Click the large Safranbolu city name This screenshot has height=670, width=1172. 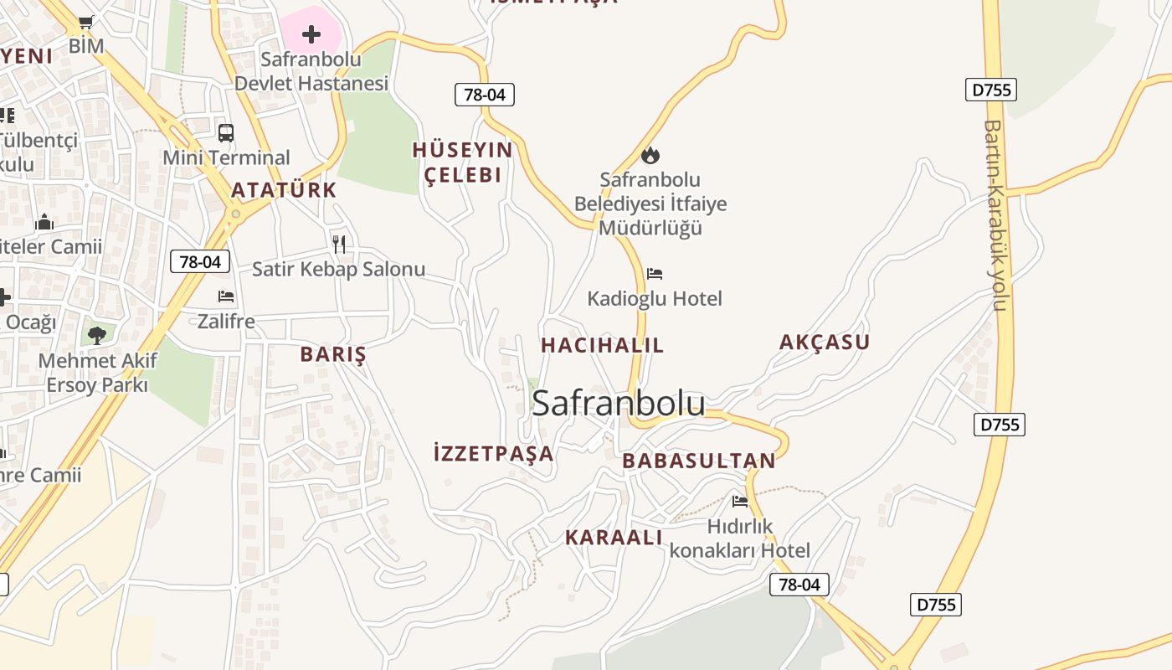[x=618, y=403]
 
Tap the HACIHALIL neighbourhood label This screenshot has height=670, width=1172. [x=602, y=345]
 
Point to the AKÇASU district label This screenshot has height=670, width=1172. [x=825, y=342]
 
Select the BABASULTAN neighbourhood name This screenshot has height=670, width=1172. [x=699, y=461]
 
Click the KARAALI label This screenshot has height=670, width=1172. [x=614, y=538]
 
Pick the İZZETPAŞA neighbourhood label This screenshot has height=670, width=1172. [x=494, y=454]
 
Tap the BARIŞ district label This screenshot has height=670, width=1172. [x=333, y=354]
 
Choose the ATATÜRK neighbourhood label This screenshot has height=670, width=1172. [x=284, y=190]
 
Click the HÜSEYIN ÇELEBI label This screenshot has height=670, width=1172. [x=462, y=162]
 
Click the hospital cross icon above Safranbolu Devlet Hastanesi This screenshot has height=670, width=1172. [x=311, y=34]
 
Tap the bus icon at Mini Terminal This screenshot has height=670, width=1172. [x=226, y=132]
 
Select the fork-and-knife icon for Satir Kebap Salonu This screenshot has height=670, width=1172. [x=339, y=244]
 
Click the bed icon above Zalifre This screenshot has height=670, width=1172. [x=226, y=296]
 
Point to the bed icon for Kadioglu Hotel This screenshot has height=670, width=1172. [x=655, y=273]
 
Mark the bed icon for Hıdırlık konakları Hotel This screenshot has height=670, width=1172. [x=740, y=502]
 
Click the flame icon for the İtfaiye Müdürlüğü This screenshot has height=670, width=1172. [x=650, y=155]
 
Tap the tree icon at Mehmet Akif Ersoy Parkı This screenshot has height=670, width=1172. [x=97, y=335]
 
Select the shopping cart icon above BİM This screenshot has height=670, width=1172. [x=86, y=22]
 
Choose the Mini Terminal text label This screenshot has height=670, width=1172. [x=226, y=157]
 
